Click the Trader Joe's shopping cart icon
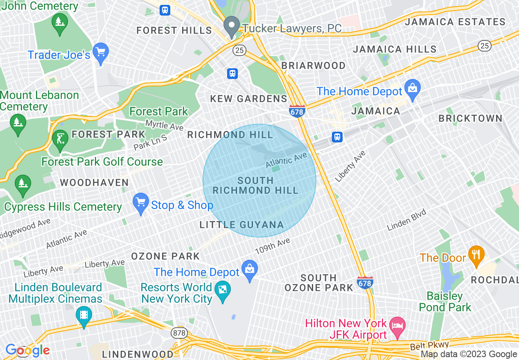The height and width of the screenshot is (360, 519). pos(101,52)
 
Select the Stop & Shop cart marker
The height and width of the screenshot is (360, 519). pos(141,202)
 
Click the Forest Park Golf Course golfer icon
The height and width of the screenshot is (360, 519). pos(60,139)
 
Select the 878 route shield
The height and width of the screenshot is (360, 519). pos(179,333)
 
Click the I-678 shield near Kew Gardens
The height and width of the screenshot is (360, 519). pos(297,111)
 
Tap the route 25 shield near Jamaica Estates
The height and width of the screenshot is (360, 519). pos(485,46)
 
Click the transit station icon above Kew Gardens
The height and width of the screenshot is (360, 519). pos(232,74)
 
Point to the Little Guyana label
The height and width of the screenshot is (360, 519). pos(241,225)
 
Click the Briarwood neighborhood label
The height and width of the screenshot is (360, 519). pos(314,65)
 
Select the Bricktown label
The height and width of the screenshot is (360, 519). pos(470,119)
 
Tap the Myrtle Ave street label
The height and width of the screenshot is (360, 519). pos(165,125)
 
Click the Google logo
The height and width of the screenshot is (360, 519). pos(27,350)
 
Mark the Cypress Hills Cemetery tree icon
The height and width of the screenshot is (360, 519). pos(22,184)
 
